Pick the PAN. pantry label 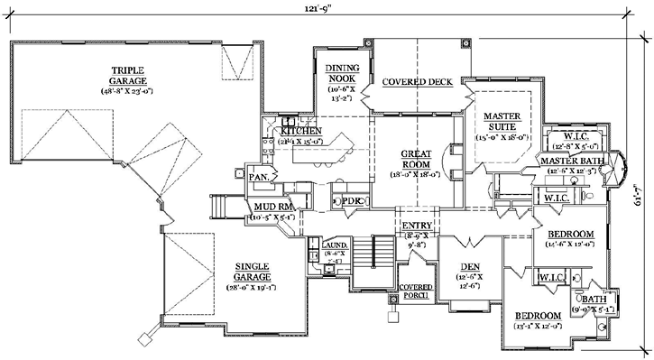tap(261, 177)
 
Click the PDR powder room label tap(350, 200)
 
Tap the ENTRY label tap(418, 226)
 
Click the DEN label tap(469, 266)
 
